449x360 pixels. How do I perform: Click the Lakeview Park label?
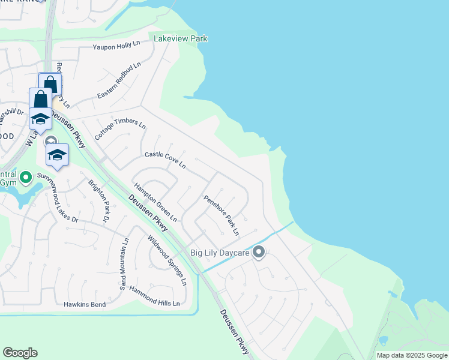coord(181,38)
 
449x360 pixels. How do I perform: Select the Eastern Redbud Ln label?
coord(119,80)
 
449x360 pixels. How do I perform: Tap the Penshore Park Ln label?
coord(221,215)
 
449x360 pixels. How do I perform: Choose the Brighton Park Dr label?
coord(98,200)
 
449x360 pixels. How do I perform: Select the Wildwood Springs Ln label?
coord(167,259)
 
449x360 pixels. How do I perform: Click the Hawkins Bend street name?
coord(85,304)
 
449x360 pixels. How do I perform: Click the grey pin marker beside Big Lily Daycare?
coord(259,252)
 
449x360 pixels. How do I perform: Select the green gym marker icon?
coord(25,177)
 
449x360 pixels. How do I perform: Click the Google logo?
coord(20,353)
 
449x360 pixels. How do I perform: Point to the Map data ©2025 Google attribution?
coord(412,355)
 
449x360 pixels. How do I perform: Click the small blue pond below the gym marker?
coord(28,195)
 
